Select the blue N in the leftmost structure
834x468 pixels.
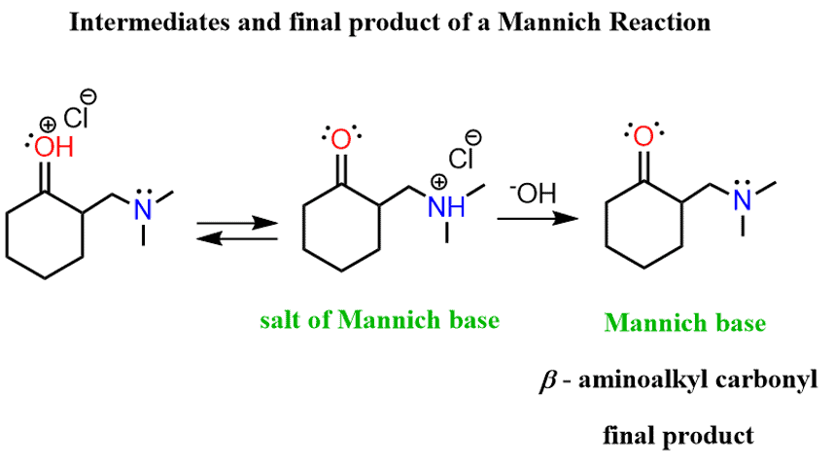coord(142,206)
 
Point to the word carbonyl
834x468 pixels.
coord(773,379)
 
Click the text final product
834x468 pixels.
coord(678,434)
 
